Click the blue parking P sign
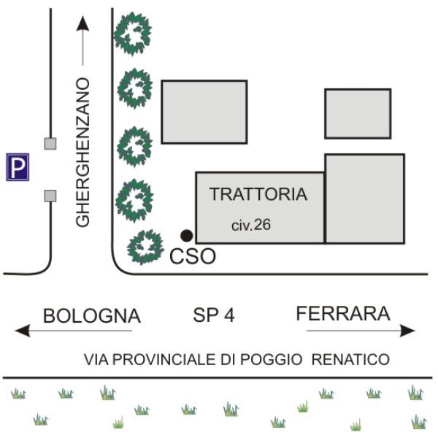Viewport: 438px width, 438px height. coord(18,167)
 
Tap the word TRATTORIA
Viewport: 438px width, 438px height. coord(258,194)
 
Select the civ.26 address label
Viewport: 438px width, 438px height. coord(251,225)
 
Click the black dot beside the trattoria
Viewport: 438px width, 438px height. coord(186,236)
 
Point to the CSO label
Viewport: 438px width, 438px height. coord(193,256)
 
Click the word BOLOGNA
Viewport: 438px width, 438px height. coord(92,316)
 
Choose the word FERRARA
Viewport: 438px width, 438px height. coord(343,313)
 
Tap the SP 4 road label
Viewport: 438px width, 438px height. coord(214,315)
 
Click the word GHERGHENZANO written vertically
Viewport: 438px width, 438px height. coord(82,153)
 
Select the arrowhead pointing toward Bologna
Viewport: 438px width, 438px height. coord(23,331)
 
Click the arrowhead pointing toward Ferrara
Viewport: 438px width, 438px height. coord(407,331)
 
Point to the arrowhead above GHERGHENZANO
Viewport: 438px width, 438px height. coord(82,23)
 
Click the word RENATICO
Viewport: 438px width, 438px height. coord(350,359)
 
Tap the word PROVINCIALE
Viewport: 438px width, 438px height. coord(164,359)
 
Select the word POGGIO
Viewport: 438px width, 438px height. coord(272,359)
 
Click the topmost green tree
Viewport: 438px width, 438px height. coord(133,34)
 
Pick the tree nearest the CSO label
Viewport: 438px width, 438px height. coord(145,247)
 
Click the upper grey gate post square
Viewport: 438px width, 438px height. coord(50,144)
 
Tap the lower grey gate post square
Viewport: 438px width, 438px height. coord(50,196)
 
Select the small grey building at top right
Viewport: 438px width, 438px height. coord(358,114)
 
